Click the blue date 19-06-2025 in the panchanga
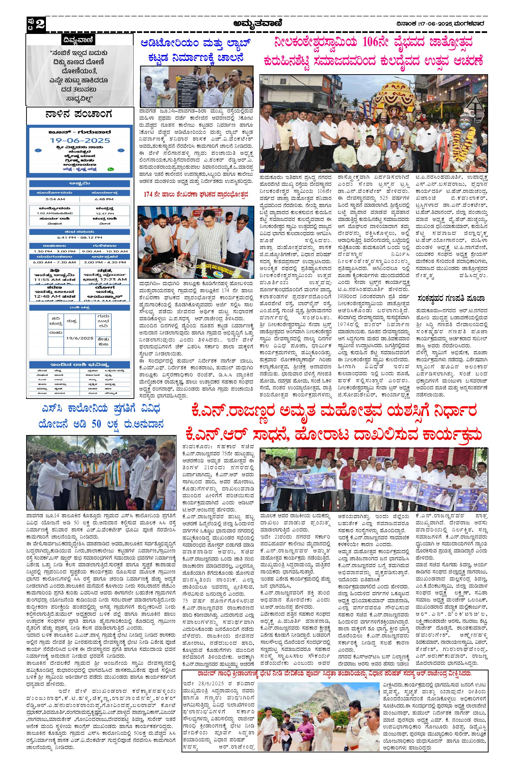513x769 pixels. click(80, 140)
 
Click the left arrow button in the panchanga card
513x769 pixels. click(38, 151)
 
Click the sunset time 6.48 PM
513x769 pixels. click(104, 199)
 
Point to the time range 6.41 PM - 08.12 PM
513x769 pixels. click(79, 237)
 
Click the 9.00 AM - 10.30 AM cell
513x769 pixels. click(105, 251)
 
